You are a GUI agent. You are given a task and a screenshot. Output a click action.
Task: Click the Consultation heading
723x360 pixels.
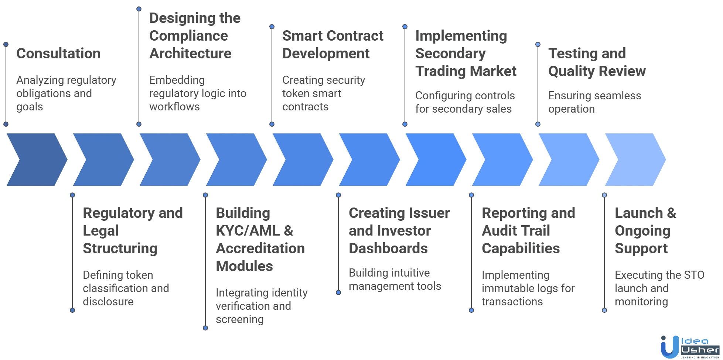coord(57,54)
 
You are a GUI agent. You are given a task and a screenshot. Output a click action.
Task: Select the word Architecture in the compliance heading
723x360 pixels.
coord(191,54)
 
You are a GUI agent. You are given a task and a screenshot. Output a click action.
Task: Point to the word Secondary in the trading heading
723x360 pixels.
coord(450,54)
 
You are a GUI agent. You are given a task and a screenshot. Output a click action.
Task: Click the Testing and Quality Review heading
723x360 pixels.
coord(596,63)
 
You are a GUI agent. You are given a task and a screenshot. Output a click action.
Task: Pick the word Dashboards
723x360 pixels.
coord(388,249)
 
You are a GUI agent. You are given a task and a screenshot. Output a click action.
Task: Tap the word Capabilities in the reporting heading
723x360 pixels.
coord(521,249)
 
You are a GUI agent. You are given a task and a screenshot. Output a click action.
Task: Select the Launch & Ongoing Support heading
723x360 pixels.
coord(645,231)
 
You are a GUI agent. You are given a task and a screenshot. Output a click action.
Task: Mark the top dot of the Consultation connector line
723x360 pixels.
coord(6,44)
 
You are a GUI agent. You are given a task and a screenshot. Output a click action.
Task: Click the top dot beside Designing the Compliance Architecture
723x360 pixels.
coord(139,9)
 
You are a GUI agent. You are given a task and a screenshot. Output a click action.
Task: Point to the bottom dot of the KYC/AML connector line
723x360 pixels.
coord(205,328)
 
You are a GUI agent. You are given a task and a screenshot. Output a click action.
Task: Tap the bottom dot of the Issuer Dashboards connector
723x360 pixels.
coord(338,292)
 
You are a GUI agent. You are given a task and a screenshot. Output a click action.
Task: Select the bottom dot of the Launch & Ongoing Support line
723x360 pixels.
coord(604,310)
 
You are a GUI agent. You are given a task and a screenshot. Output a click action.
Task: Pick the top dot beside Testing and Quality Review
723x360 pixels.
coord(538,44)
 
